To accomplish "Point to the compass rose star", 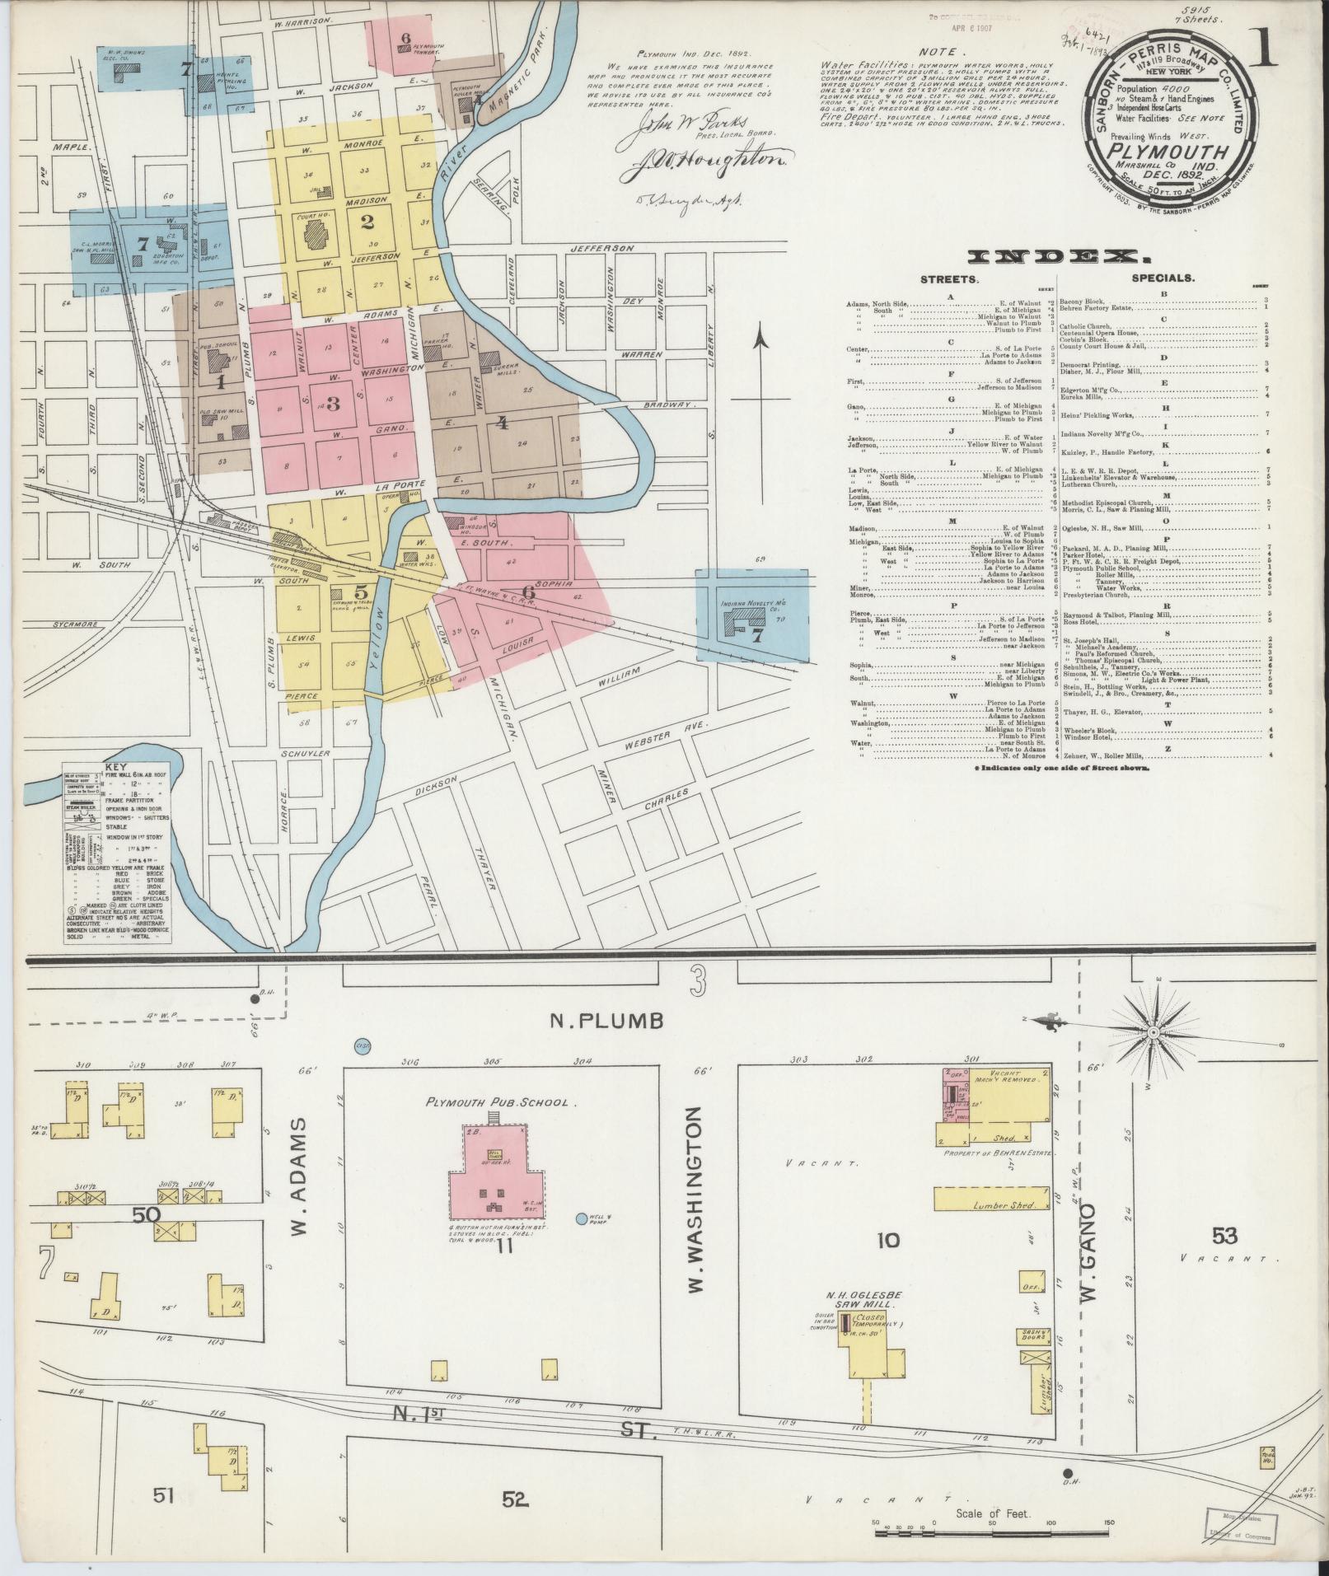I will [1154, 1031].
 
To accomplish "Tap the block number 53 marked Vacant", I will [1224, 1236].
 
